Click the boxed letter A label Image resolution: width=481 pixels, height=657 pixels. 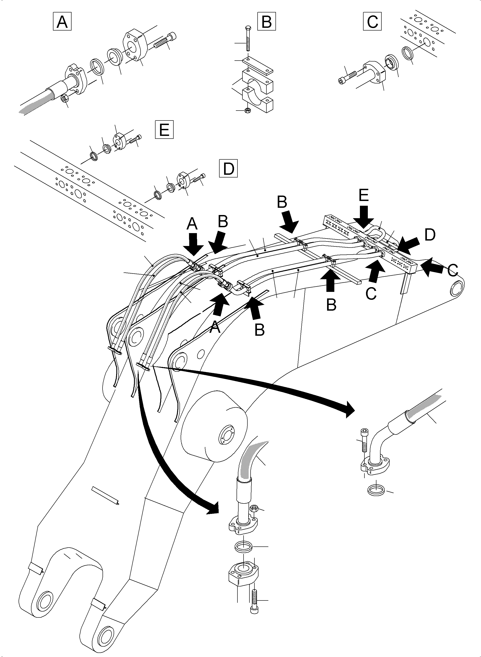click(x=62, y=21)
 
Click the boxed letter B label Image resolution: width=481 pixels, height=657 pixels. click(x=266, y=21)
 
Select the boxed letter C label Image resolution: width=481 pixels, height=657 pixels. click(x=372, y=21)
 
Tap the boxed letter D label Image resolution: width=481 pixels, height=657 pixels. click(x=228, y=168)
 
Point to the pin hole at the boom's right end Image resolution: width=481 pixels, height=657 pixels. click(x=456, y=288)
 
